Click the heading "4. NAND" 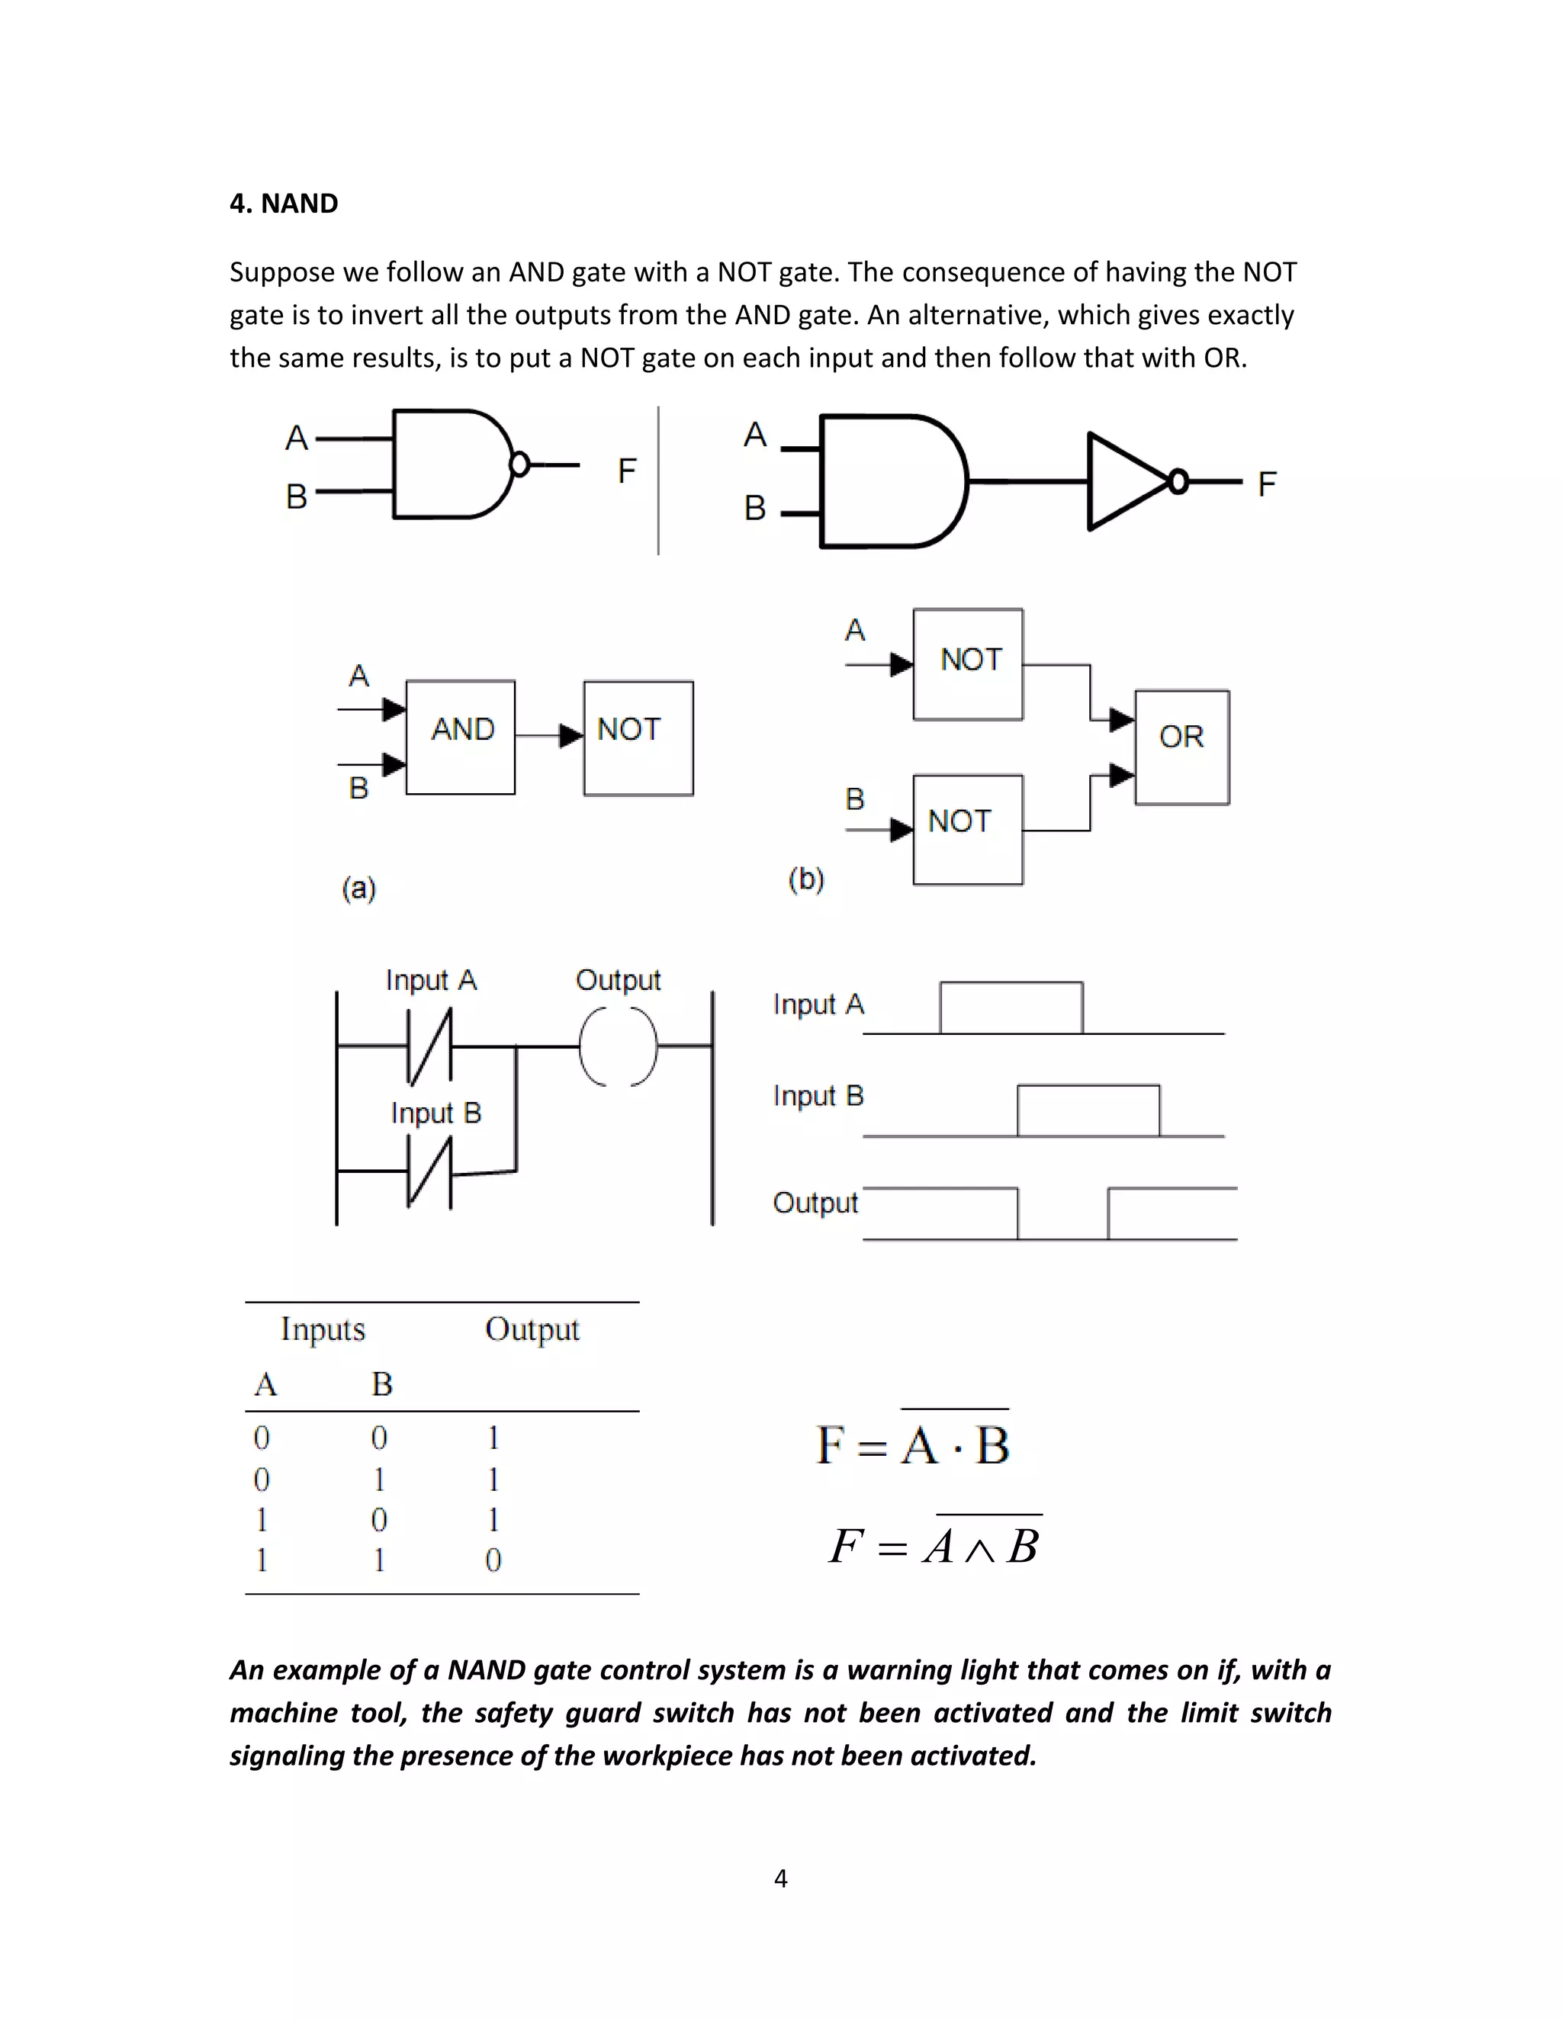[x=283, y=204]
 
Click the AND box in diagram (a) [x=461, y=737]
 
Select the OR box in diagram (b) [x=1181, y=747]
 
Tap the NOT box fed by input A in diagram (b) [x=968, y=663]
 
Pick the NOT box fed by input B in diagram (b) [x=968, y=829]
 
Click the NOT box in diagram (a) [x=638, y=737]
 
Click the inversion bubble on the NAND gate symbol [x=520, y=464]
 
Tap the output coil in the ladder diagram [x=618, y=1046]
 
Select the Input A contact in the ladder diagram [x=430, y=1046]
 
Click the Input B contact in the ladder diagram [x=430, y=1172]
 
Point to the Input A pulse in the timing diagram [x=1011, y=1007]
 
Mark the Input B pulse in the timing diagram [x=1088, y=1110]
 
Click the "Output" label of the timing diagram [x=815, y=1202]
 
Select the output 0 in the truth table [x=493, y=1560]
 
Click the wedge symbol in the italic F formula [x=979, y=1550]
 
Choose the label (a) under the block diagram [x=359, y=888]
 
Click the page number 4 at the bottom [x=781, y=1878]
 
